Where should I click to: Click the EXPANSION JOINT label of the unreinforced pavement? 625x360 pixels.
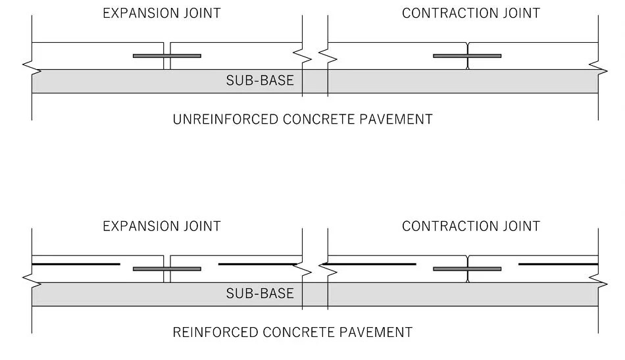[x=161, y=13]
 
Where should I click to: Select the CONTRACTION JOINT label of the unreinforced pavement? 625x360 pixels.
[x=470, y=13]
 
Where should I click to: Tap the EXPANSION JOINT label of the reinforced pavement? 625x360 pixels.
[x=161, y=226]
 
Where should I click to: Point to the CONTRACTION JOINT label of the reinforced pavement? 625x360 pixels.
[x=470, y=226]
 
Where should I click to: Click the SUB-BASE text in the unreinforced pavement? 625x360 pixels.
[x=260, y=81]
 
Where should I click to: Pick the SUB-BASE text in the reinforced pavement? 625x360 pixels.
[x=260, y=294]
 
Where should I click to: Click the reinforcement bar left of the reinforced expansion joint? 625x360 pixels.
[x=76, y=264]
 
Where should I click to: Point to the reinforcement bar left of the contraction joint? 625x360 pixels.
[x=372, y=264]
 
